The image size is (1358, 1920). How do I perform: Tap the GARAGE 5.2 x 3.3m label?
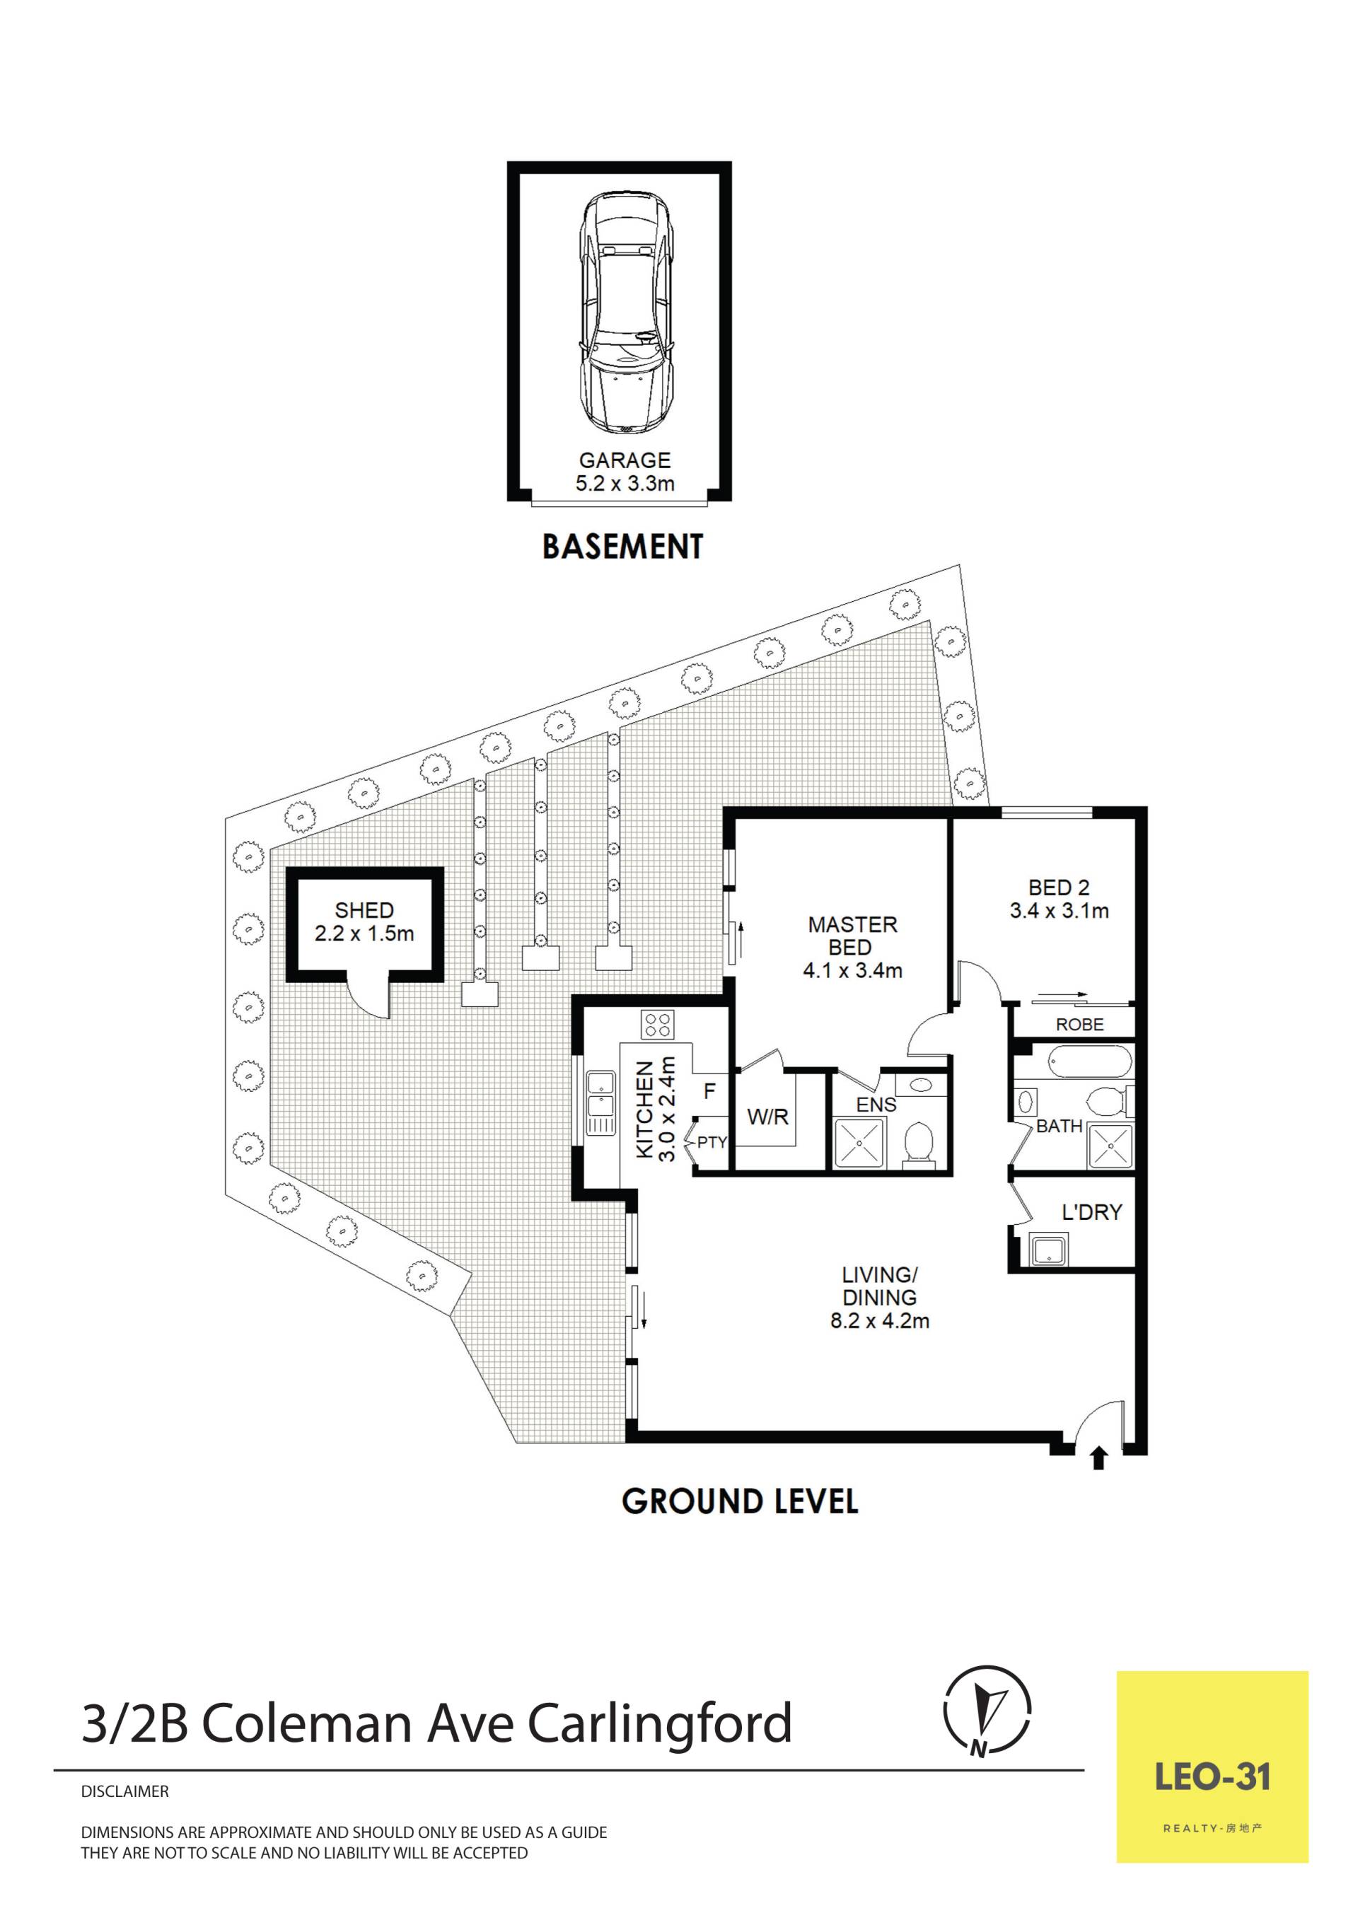pyautogui.click(x=625, y=472)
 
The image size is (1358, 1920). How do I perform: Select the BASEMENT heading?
pyautogui.click(x=623, y=547)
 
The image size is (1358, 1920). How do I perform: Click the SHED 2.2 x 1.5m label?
pyautogui.click(x=364, y=921)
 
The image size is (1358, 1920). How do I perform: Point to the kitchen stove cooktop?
pyautogui.click(x=658, y=1025)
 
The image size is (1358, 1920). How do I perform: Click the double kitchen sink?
pyautogui.click(x=600, y=1102)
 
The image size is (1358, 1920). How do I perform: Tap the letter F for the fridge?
pyautogui.click(x=710, y=1091)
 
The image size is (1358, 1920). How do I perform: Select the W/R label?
pyautogui.click(x=767, y=1117)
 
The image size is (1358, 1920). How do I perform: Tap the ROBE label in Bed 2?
pyautogui.click(x=1079, y=1025)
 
